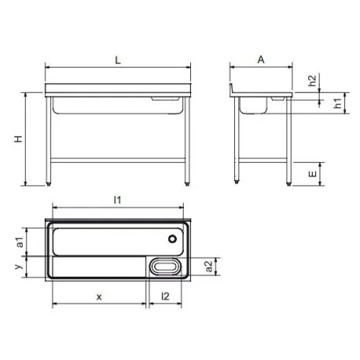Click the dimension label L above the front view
click(118, 61)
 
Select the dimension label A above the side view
click(261, 60)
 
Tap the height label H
click(18, 139)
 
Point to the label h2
click(312, 80)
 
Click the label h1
click(338, 103)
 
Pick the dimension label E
click(313, 174)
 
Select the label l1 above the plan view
click(117, 200)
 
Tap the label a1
click(20, 242)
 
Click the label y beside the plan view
click(18, 266)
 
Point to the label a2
click(209, 266)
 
